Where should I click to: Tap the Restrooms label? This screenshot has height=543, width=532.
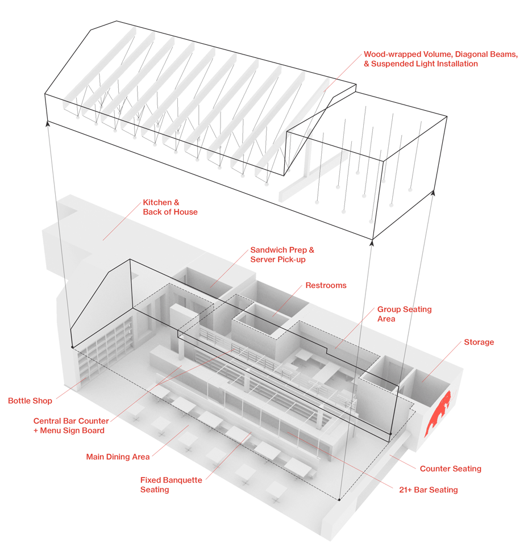[x=326, y=285]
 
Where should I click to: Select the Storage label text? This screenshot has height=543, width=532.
[x=479, y=342]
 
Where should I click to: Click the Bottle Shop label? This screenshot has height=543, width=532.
[x=30, y=400]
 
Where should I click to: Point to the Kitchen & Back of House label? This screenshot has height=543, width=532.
[x=170, y=207]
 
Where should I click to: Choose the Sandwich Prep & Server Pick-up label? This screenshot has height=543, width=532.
[x=282, y=254]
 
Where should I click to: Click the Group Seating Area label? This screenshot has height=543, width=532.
[x=405, y=314]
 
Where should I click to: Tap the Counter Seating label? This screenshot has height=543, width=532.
[x=451, y=469]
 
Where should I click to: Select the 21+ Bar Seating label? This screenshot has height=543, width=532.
[x=429, y=490]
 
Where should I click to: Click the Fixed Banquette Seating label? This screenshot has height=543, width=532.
[x=171, y=485]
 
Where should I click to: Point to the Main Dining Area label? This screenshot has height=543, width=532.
[x=118, y=457]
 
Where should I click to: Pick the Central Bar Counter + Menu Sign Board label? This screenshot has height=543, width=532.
[x=71, y=425]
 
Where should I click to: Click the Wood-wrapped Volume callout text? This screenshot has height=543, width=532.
[x=440, y=59]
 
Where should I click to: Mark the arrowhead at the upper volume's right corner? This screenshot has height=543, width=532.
[x=433, y=193]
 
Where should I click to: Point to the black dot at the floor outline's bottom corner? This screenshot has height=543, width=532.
[x=339, y=500]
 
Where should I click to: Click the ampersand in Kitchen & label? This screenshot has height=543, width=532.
[x=176, y=203]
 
